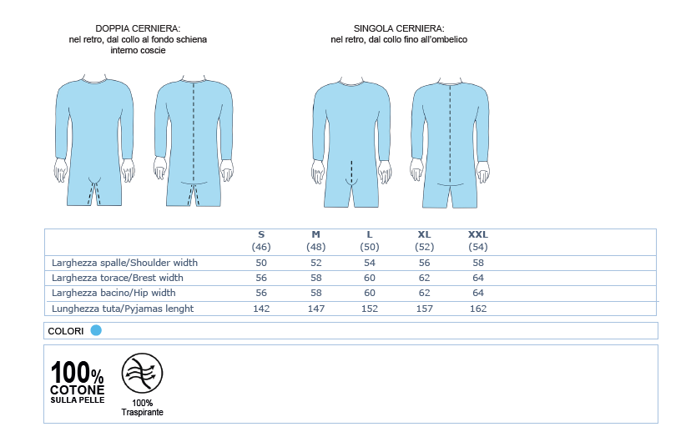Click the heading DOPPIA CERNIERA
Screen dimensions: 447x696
tap(139, 28)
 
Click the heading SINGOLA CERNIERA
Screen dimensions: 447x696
tap(399, 28)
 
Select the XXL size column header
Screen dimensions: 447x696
tap(478, 235)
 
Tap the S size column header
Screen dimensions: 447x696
tap(261, 235)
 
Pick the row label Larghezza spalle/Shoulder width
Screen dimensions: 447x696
tap(124, 263)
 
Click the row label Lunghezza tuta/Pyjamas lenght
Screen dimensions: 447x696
tap(123, 309)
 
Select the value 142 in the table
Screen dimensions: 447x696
tap(261, 309)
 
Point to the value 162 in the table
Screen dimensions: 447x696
tap(478, 309)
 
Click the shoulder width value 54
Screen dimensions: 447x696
tap(370, 263)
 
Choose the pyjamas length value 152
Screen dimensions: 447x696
tap(370, 309)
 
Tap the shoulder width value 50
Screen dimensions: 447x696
tap(261, 263)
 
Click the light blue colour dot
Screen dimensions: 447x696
tap(96, 330)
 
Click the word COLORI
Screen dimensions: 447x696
tap(66, 331)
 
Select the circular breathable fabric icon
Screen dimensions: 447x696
tap(143, 374)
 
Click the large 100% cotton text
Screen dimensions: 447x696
tap(78, 373)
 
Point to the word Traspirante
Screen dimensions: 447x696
tap(143, 413)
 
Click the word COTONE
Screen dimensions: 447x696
tap(78, 389)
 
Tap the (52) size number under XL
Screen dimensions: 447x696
tap(424, 248)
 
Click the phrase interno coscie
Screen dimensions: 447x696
tap(139, 50)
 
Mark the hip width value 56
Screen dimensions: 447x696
tap(261, 293)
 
